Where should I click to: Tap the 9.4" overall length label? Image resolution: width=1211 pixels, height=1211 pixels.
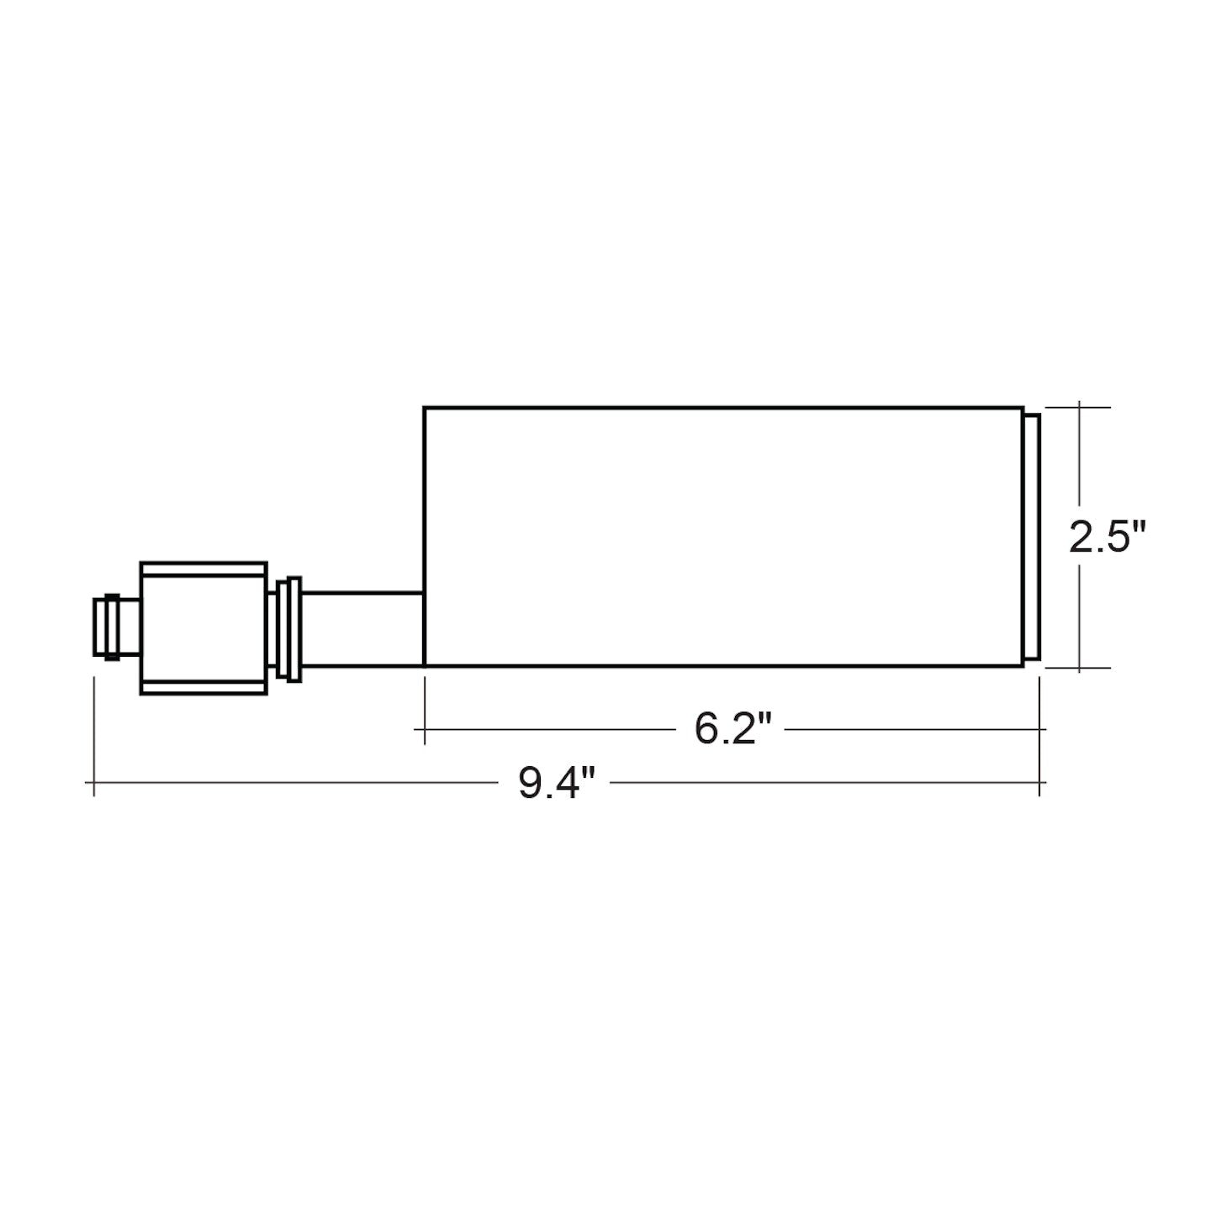pyautogui.click(x=556, y=782)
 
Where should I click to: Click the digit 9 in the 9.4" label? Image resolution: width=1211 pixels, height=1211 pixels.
pyautogui.click(x=529, y=783)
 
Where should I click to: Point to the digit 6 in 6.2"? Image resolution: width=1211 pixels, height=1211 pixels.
pyautogui.click(x=706, y=730)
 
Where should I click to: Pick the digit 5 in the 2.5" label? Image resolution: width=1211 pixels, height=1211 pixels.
pyautogui.click(x=1118, y=537)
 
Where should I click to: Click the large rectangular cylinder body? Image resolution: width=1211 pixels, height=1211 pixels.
pyautogui.click(x=723, y=536)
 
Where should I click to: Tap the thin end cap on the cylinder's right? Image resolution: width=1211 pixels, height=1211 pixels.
pyautogui.click(x=1032, y=537)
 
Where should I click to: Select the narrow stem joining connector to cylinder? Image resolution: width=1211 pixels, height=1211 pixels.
pyautogui.click(x=362, y=628)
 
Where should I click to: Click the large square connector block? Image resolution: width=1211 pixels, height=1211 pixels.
pyautogui.click(x=204, y=628)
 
